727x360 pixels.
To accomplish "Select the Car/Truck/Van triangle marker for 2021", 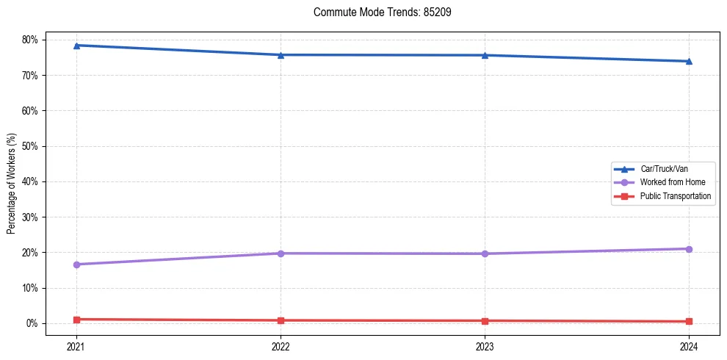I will point(76,46).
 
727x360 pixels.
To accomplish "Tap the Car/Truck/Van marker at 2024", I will point(689,61).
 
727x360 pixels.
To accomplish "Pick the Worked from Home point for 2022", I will point(281,253).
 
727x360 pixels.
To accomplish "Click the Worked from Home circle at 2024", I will point(689,249).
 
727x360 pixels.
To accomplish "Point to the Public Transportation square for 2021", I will point(76,320).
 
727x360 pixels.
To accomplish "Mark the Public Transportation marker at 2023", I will point(485,321).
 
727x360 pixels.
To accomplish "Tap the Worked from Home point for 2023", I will point(485,253).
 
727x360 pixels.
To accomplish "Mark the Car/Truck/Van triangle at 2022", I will point(281,55).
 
